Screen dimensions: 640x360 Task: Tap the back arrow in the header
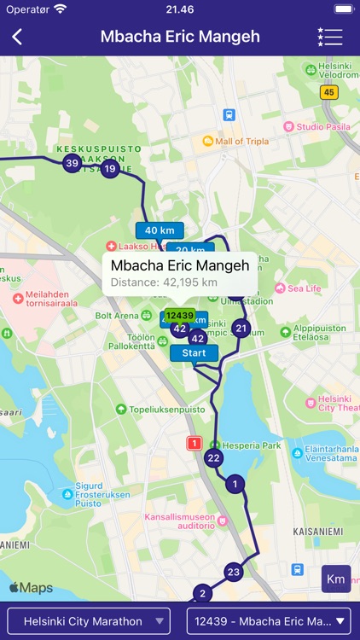(x=17, y=37)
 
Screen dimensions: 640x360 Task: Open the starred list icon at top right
(x=329, y=37)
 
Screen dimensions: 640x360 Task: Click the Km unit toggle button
(x=336, y=579)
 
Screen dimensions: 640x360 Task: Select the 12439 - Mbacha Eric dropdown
(x=270, y=621)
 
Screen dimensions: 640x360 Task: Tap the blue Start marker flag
(x=195, y=353)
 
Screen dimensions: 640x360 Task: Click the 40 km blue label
(x=160, y=230)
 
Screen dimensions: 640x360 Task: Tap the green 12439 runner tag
(x=180, y=315)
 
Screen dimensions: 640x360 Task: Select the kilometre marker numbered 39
(x=73, y=163)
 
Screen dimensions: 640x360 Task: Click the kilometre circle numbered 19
(x=110, y=169)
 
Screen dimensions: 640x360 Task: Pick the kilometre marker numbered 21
(x=241, y=329)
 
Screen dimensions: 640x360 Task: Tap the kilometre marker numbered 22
(x=213, y=458)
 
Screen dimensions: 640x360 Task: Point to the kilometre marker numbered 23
(x=234, y=572)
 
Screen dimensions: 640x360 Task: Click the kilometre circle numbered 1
(x=235, y=485)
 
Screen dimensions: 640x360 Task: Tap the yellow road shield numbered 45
(x=329, y=92)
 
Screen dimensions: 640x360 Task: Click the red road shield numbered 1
(x=194, y=443)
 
